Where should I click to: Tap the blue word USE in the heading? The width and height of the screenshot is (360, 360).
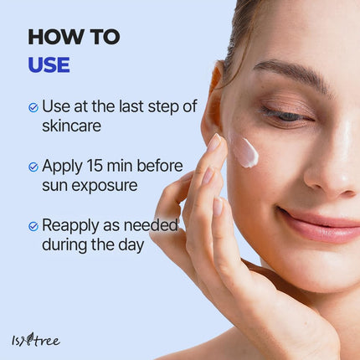click(49, 64)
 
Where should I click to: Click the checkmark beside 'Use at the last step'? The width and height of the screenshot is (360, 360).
click(33, 107)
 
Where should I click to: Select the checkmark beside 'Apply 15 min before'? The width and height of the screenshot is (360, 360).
click(33, 167)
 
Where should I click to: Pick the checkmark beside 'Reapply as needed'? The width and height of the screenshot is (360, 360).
click(33, 226)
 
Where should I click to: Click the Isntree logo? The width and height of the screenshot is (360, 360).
click(35, 339)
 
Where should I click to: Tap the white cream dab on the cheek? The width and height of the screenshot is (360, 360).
click(245, 152)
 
